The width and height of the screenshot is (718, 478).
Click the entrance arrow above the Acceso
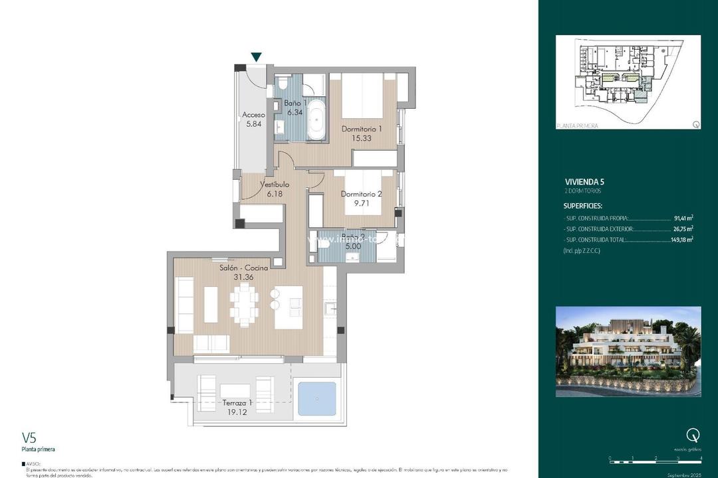point(256,58)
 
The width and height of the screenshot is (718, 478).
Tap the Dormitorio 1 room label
point(362,129)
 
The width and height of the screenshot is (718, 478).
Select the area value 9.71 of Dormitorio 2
point(361,204)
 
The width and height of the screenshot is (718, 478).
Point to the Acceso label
point(253,115)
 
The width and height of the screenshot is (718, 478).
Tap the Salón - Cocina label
point(244,268)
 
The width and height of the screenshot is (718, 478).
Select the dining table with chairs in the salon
point(245,305)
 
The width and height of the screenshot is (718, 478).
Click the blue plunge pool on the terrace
point(316,400)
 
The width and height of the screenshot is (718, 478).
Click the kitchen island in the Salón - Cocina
point(288,306)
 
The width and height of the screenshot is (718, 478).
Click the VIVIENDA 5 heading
point(584,181)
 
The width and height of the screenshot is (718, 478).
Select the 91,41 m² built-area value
point(681,217)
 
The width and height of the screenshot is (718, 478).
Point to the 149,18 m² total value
point(681,240)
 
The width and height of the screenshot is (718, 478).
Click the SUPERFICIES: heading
point(583,206)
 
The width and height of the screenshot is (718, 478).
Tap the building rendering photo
point(628,351)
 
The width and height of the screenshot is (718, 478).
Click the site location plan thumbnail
point(628,82)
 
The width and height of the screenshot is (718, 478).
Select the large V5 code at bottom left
point(29,438)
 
